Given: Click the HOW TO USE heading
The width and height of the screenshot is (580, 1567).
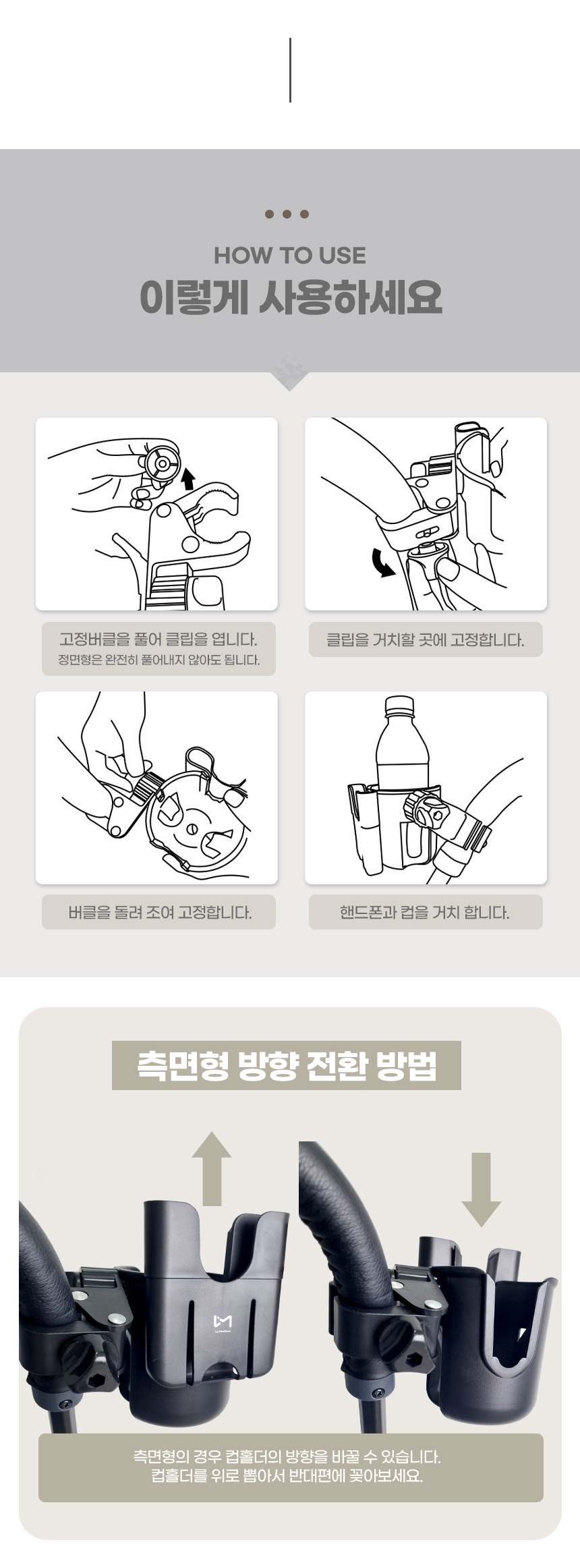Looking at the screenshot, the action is point(290,256).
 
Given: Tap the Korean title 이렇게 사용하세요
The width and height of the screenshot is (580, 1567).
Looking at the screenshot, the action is point(291,297).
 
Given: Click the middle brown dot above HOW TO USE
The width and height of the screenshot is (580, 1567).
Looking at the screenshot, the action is point(287,215).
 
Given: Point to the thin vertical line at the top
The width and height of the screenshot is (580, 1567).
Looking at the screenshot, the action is point(290,70).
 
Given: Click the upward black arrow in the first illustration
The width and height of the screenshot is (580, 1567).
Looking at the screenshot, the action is point(188,478).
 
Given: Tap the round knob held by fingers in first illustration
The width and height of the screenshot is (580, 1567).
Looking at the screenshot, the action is point(161,464).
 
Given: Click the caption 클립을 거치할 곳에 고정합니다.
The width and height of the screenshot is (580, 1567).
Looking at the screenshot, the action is point(426,639).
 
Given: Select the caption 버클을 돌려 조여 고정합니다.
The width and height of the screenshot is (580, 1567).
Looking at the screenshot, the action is point(160,913).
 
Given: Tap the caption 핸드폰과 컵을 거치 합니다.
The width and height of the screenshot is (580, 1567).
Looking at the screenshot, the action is point(425,913).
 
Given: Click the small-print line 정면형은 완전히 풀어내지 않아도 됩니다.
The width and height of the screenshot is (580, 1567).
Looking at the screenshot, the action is point(159,660).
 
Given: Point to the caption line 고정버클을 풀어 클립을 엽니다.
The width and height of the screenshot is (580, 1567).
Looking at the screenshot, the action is point(158,639).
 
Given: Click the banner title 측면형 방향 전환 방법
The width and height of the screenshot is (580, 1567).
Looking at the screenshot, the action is point(287,1065).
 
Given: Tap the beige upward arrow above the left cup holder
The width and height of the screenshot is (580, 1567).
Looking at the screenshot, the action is point(212,1168).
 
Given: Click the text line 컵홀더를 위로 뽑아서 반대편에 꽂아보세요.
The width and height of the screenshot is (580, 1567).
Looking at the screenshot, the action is point(287,1476).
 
